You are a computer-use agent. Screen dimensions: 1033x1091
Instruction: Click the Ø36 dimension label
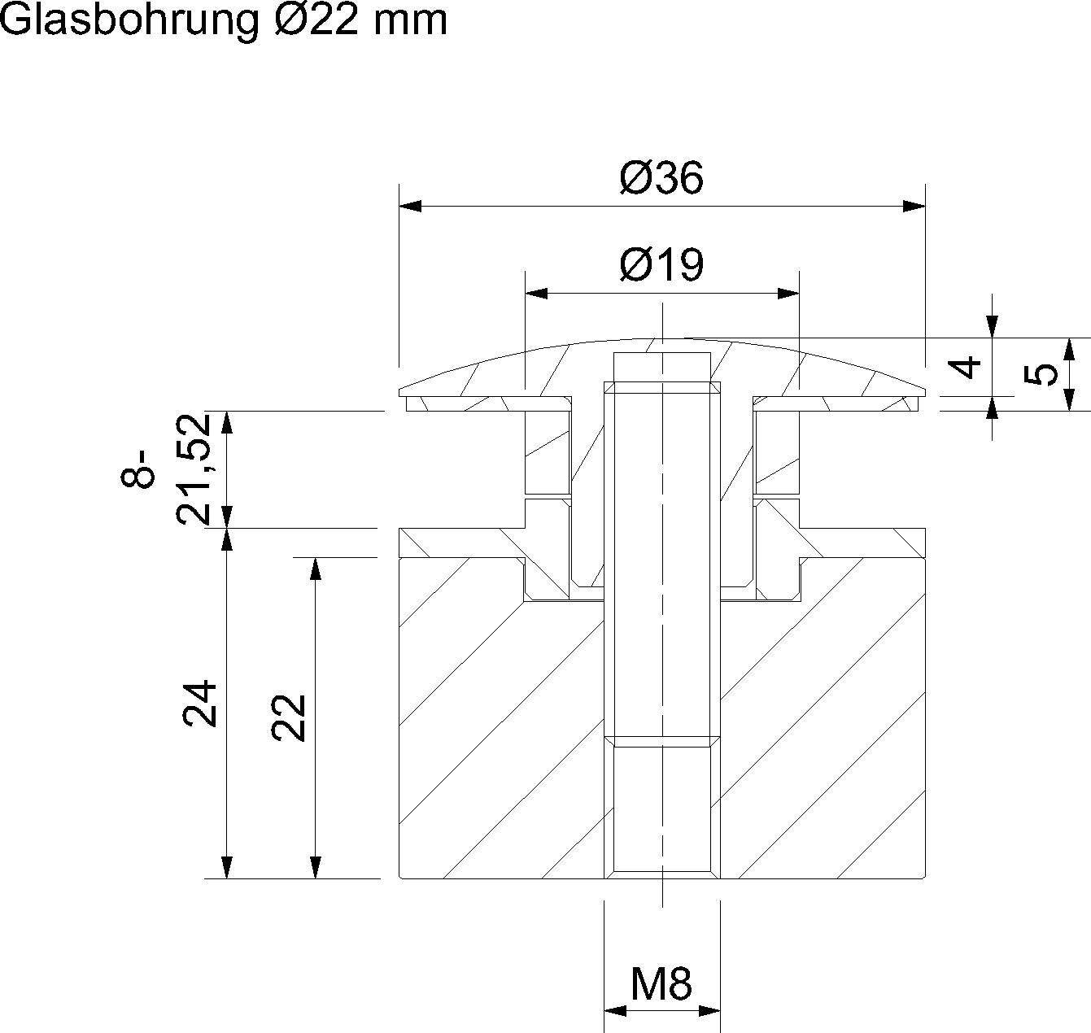(x=661, y=178)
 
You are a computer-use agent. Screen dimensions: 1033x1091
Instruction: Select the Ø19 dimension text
(x=661, y=265)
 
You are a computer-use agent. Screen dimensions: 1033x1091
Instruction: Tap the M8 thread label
(x=661, y=984)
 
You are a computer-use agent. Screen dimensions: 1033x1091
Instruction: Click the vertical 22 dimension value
(x=289, y=717)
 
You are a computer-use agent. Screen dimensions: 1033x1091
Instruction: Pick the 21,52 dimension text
(x=194, y=469)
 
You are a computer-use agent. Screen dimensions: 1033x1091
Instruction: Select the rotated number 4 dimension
(x=967, y=368)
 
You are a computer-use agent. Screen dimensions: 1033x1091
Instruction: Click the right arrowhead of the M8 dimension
(x=709, y=1011)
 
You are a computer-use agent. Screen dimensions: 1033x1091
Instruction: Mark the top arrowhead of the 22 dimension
(x=316, y=569)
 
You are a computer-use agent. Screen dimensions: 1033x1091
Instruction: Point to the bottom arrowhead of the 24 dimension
(x=227, y=867)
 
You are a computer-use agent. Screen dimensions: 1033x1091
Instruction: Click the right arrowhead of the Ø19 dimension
(x=788, y=293)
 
